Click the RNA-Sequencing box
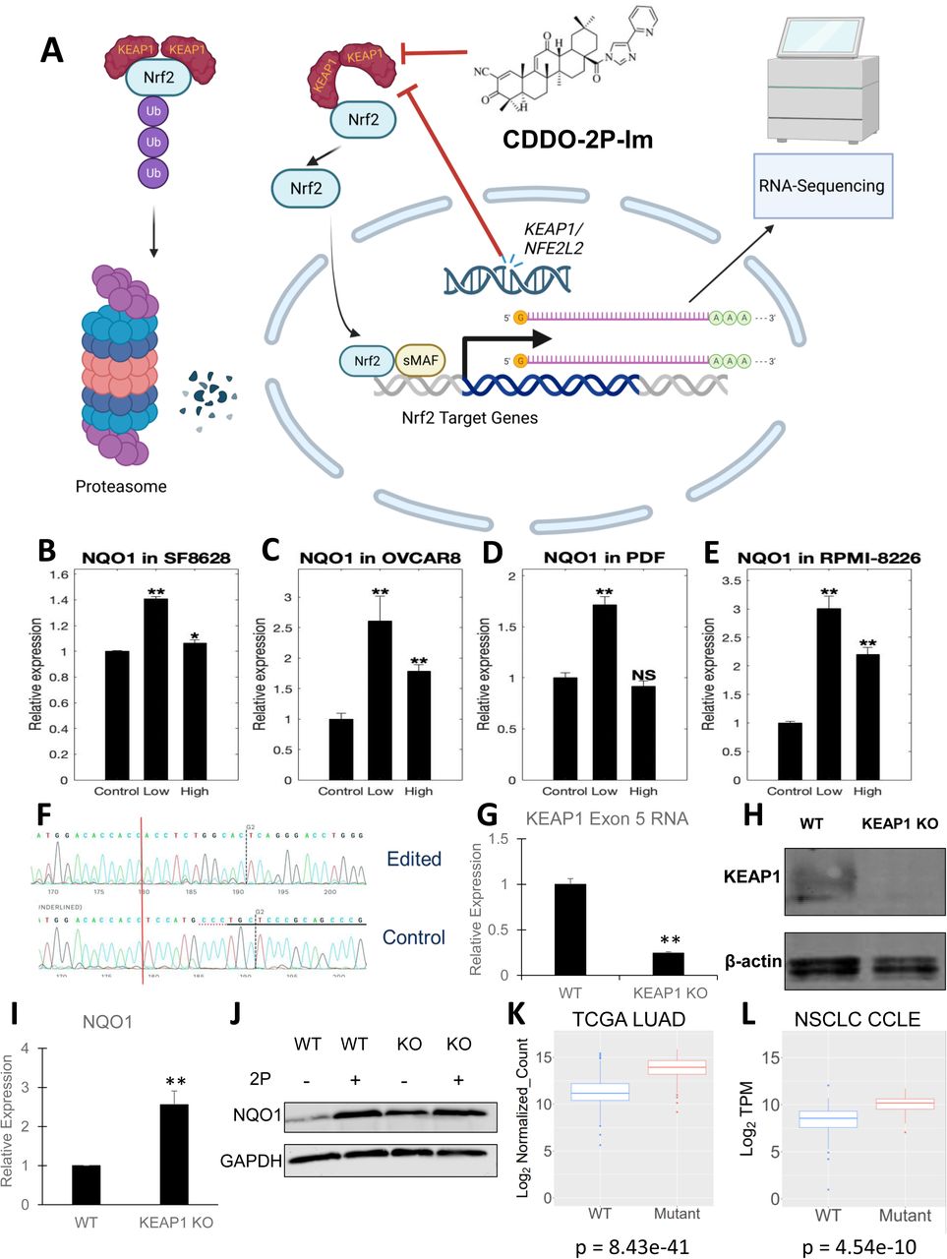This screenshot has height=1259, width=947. pyautogui.click(x=821, y=186)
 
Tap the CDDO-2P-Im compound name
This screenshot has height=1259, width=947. pyautogui.click(x=577, y=140)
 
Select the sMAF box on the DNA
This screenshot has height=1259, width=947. pyautogui.click(x=420, y=361)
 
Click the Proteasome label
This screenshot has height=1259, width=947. pyautogui.click(x=121, y=486)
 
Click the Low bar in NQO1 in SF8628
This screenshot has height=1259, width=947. pyautogui.click(x=156, y=689)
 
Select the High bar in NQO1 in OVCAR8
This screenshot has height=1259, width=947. pyautogui.click(x=419, y=725)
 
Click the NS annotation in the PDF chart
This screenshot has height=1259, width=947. pyautogui.click(x=643, y=675)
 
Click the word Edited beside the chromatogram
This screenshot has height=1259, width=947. pyautogui.click(x=413, y=859)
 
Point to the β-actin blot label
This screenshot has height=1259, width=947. pyautogui.click(x=753, y=960)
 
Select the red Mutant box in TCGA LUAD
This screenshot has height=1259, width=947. pyautogui.click(x=677, y=1068)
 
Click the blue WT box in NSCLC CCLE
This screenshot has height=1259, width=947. pyautogui.click(x=828, y=1119)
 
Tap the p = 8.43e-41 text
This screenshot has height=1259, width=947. pyautogui.click(x=631, y=1247)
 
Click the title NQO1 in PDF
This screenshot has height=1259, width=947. pyautogui.click(x=604, y=558)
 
